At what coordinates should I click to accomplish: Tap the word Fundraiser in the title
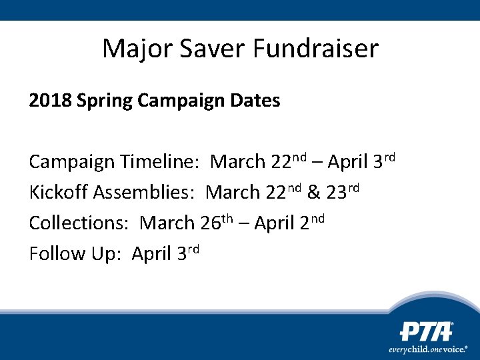(x=316, y=49)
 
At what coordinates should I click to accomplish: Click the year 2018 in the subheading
(x=50, y=101)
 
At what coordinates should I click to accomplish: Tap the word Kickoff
(x=58, y=193)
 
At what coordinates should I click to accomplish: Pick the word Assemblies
(x=144, y=193)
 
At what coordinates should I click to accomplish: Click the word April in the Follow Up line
(x=151, y=254)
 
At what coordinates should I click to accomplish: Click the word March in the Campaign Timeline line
(x=238, y=162)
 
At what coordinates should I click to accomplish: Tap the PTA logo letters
(x=426, y=331)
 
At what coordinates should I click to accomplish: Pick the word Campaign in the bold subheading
(x=173, y=101)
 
